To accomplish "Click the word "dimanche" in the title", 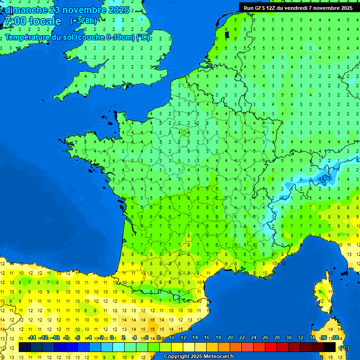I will click(x=25, y=10).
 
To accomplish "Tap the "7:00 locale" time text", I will click(x=32, y=21).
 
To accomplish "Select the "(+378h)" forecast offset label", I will click(x=83, y=21).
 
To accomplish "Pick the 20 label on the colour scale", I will click(x=230, y=338).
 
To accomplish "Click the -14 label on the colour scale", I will click(x=32, y=338).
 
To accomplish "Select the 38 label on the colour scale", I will click(x=336, y=338).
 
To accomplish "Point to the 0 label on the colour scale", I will click(x=112, y=338).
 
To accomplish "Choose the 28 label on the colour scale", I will click(x=277, y=338).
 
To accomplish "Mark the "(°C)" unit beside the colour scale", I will click(x=345, y=347).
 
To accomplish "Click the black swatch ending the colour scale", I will click(x=330, y=347).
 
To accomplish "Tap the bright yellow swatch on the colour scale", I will click(x=177, y=347).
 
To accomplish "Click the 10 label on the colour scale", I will click(x=172, y=338).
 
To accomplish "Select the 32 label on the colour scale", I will click(x=300, y=338).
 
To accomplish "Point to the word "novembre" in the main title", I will click(x=82, y=10).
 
